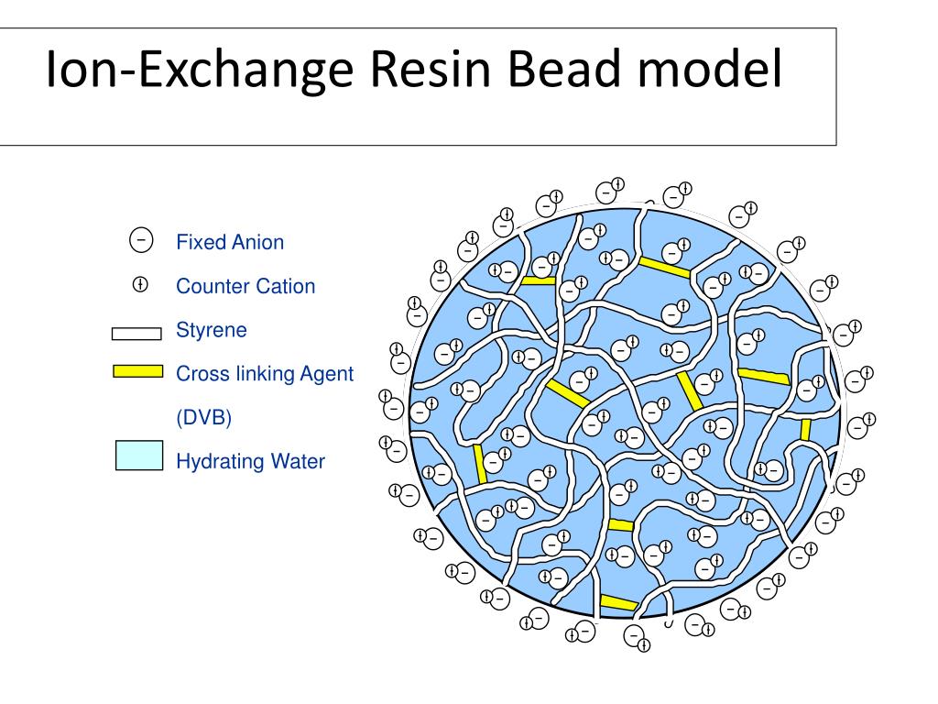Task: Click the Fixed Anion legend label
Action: (230, 243)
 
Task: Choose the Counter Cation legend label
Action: (245, 286)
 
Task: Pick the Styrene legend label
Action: (212, 330)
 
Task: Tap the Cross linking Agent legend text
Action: (265, 374)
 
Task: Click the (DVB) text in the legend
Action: (204, 418)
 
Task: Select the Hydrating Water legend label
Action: (250, 462)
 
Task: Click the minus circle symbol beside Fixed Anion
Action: (141, 240)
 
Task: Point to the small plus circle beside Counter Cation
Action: (140, 285)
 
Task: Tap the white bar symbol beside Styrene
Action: (136, 334)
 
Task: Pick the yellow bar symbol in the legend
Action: (137, 371)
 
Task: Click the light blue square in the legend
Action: (139, 456)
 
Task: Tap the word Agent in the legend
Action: (326, 374)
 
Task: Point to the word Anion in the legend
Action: (256, 243)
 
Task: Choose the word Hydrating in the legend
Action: (220, 462)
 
